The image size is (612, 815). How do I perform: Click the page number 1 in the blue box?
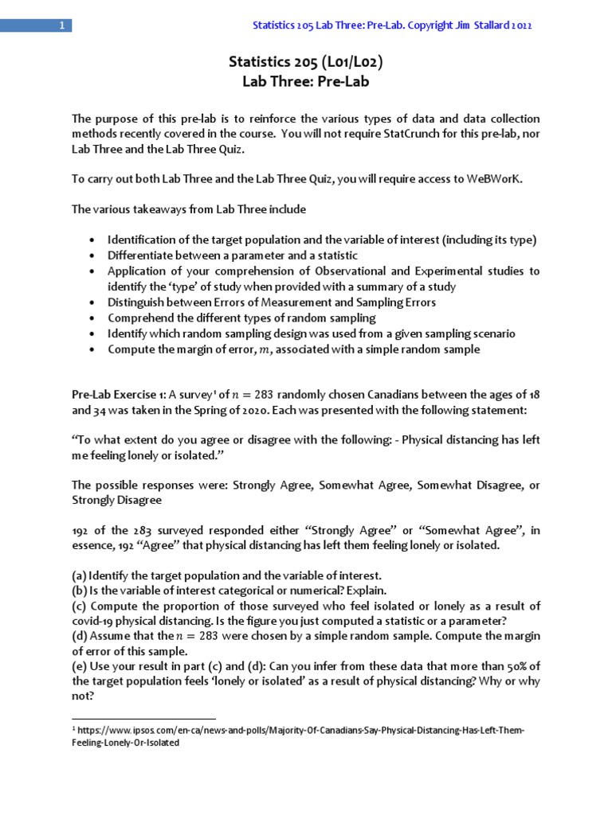(x=61, y=25)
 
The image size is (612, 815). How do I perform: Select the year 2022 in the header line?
(x=520, y=25)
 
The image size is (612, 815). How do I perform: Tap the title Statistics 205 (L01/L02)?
(x=305, y=61)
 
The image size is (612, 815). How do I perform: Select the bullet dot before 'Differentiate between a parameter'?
(x=92, y=255)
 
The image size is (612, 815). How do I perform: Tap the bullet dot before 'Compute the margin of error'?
(x=92, y=349)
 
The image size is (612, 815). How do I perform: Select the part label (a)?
(x=79, y=575)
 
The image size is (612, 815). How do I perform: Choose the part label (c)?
(x=79, y=606)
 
